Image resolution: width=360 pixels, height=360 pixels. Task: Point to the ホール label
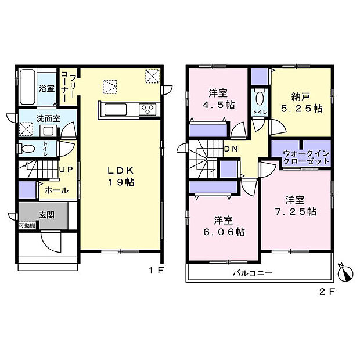(x=52, y=189)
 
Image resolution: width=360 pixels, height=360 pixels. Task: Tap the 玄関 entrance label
(x=46, y=214)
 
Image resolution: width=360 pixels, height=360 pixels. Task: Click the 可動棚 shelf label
(x=27, y=225)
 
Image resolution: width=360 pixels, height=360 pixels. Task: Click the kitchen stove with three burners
(x=147, y=109)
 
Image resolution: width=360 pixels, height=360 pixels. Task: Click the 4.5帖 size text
(x=218, y=105)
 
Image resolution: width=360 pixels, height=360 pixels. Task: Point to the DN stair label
(x=231, y=149)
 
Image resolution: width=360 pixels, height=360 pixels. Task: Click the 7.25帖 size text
(x=296, y=213)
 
